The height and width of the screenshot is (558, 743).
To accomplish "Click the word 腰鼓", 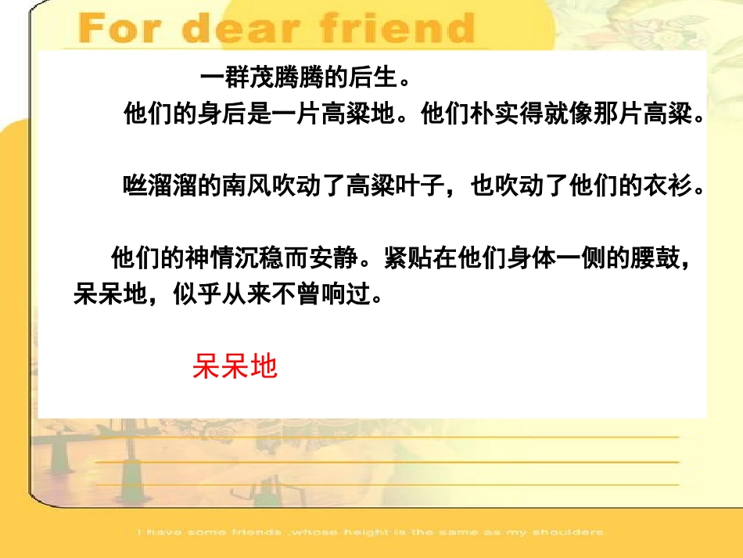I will [655, 257].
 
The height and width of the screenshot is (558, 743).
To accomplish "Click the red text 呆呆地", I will [235, 365].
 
